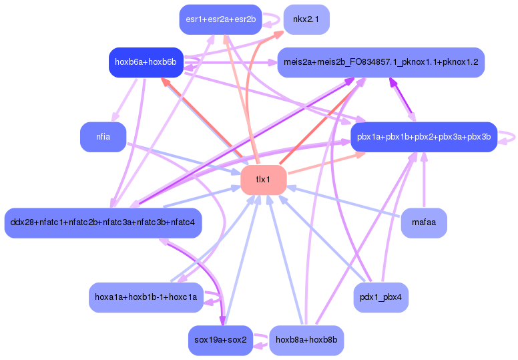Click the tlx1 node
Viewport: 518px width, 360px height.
[x=263, y=180]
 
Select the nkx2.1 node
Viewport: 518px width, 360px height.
[x=306, y=19]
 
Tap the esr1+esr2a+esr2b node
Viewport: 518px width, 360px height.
[x=220, y=19]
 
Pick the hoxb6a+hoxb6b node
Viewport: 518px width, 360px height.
[x=146, y=62]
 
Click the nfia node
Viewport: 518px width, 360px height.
[x=103, y=137]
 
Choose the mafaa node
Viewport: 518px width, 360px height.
[x=424, y=222]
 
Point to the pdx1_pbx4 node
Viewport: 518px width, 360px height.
[x=380, y=297]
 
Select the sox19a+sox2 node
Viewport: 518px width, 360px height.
[x=220, y=340]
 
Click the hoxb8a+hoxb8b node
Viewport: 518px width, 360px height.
[x=306, y=340]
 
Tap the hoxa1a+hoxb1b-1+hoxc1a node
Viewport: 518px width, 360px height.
[x=146, y=297]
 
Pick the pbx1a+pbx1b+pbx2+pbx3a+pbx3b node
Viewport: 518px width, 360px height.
[x=424, y=137]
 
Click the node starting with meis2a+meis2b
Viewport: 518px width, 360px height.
[x=380, y=62]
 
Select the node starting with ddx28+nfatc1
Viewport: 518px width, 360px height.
[x=102, y=222]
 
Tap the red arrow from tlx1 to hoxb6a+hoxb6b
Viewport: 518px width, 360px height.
[x=200, y=117]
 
